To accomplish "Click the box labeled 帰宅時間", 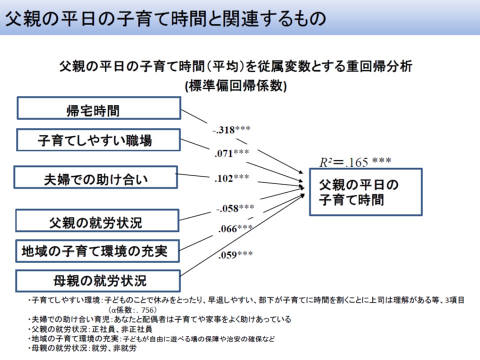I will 98,108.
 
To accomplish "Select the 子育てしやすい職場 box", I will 98,140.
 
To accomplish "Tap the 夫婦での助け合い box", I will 95,177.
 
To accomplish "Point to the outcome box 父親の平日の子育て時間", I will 365,192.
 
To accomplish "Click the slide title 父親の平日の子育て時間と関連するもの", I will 165,18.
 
